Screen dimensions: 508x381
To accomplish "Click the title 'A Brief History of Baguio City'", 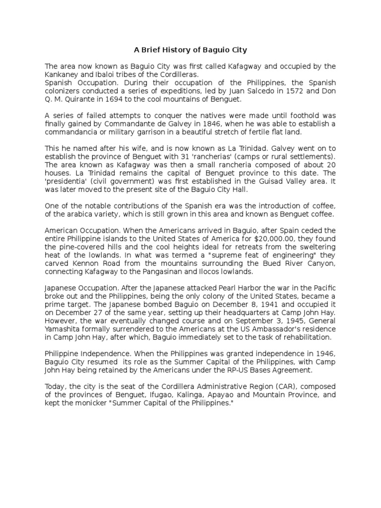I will (x=190, y=50).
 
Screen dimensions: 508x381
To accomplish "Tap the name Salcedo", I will (x=251, y=91).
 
